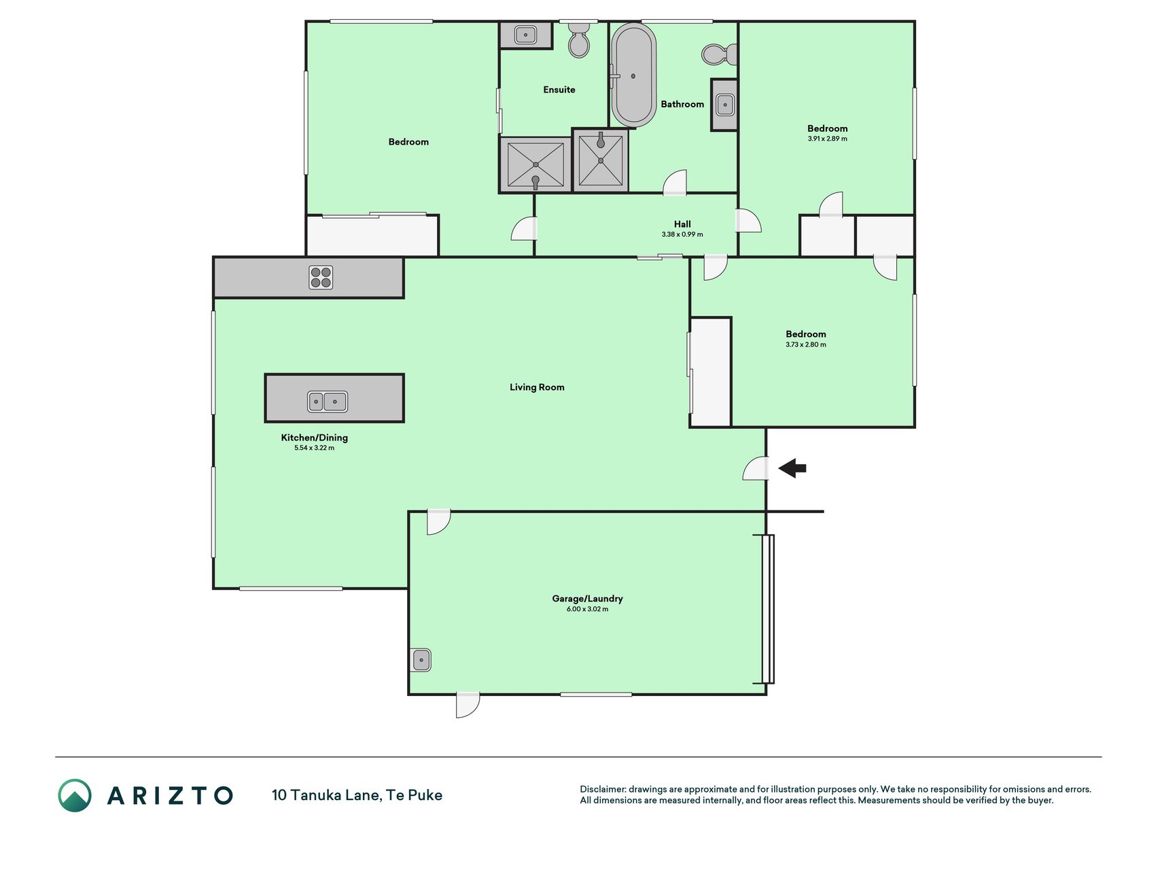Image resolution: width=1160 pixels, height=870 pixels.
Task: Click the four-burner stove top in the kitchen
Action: point(321,277)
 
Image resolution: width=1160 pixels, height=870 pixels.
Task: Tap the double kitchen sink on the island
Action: point(328,401)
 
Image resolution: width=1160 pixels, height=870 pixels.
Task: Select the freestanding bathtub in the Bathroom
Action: point(633,75)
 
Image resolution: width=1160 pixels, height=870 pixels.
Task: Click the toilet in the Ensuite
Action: point(579,40)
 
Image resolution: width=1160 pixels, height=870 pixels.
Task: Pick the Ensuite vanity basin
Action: point(525,35)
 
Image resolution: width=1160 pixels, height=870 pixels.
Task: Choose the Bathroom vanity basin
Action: point(725,105)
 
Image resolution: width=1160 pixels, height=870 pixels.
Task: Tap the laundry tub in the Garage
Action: point(421,660)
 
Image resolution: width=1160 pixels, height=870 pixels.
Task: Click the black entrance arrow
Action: point(792,468)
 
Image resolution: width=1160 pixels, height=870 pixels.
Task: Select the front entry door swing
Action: point(755,468)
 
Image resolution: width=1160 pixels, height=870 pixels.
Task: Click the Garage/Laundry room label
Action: point(587,598)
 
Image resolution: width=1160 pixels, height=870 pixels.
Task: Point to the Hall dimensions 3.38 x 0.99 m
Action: point(682,234)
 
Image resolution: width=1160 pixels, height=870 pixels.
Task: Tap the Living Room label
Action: point(537,387)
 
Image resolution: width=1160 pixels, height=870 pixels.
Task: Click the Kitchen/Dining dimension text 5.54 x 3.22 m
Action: point(314,448)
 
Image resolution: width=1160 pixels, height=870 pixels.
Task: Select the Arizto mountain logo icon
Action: point(75,795)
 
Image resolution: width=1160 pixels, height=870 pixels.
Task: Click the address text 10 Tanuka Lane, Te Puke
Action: point(357,795)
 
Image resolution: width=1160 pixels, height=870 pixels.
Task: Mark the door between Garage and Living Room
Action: point(438,521)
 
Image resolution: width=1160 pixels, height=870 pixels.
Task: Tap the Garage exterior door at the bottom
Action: point(468,705)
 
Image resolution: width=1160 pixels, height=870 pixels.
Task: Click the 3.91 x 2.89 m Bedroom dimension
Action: point(827,139)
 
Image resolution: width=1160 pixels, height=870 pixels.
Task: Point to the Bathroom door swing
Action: point(675,183)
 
